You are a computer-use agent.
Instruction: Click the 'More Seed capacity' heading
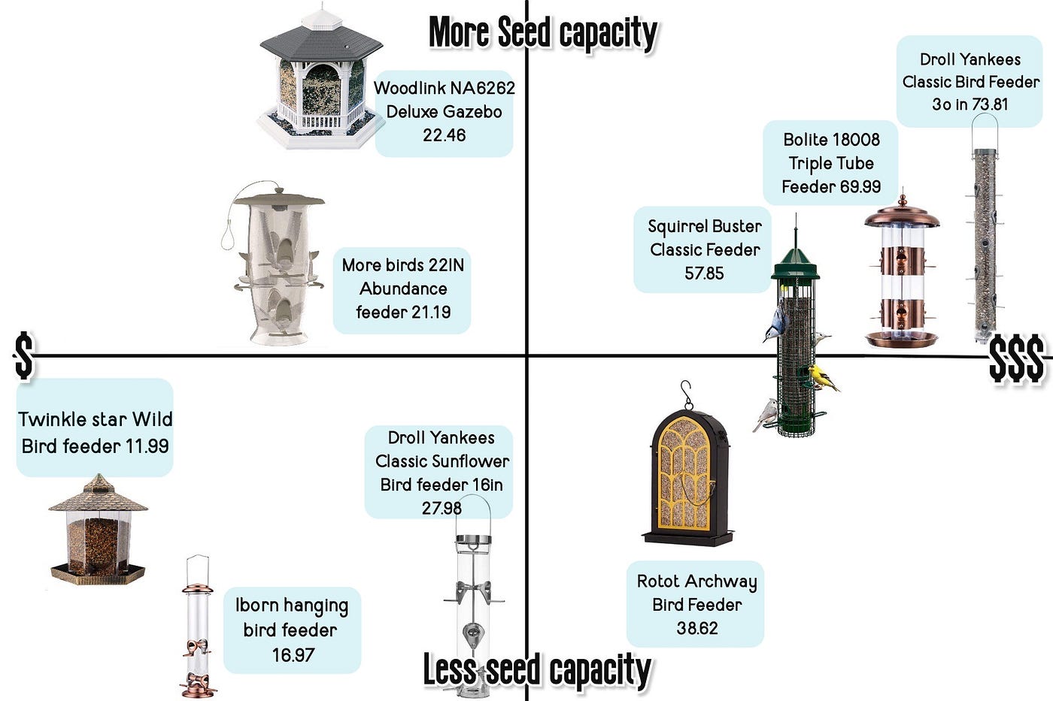(542, 33)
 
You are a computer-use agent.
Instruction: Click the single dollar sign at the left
(24, 355)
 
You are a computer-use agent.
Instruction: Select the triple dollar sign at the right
(1016, 358)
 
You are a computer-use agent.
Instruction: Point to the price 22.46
(444, 135)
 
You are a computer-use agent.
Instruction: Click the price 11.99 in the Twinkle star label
(147, 446)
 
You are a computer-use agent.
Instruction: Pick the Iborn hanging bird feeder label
(292, 630)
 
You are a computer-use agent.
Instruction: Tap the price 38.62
(696, 628)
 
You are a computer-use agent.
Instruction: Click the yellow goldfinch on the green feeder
(823, 377)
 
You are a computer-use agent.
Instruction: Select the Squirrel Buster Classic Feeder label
(705, 249)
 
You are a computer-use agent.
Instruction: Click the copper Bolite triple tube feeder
(901, 274)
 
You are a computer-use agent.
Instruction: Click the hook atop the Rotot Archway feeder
(686, 394)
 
